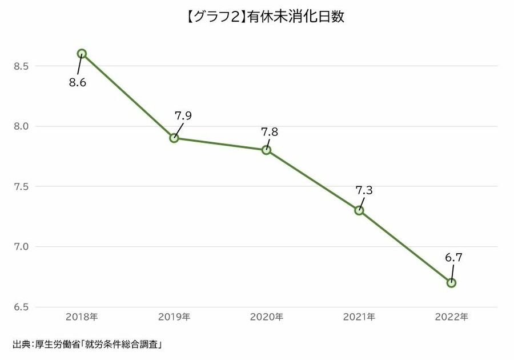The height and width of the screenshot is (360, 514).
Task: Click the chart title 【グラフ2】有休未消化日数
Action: point(256,17)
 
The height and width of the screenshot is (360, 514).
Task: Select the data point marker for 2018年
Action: point(82,54)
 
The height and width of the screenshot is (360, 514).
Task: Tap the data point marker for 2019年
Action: point(174,138)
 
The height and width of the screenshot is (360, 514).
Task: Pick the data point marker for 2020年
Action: point(267,150)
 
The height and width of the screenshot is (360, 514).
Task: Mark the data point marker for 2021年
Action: point(359,210)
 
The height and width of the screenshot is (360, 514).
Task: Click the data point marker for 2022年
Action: point(451,282)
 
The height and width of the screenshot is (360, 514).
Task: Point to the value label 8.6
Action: point(77,83)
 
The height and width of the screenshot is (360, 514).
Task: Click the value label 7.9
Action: point(183,115)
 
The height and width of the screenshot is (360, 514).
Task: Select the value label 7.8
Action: point(270,131)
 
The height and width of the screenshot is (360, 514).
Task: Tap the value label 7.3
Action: point(364,191)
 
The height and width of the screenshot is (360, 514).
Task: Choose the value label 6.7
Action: point(453,258)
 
